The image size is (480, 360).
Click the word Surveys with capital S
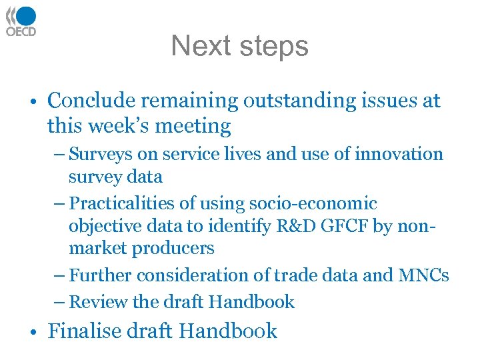click(x=98, y=154)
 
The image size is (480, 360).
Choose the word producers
click(x=173, y=249)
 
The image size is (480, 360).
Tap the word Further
click(x=99, y=275)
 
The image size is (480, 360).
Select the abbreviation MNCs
click(x=424, y=275)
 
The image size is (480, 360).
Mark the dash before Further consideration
click(x=60, y=275)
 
